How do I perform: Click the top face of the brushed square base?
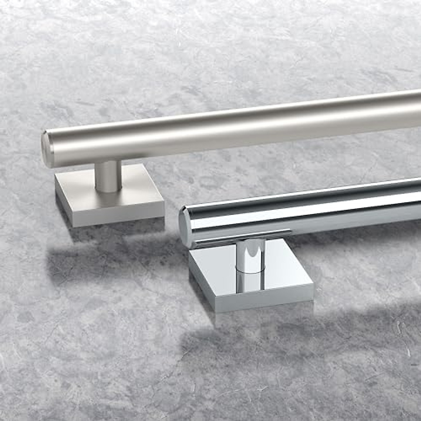[140, 189]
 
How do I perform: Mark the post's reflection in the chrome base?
[250, 282]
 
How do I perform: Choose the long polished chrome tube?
[316, 210]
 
